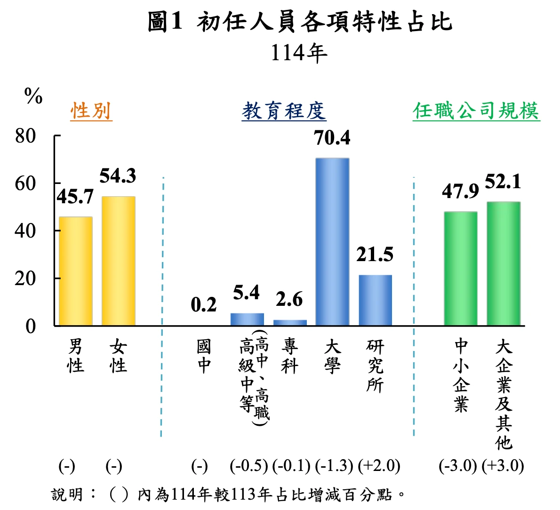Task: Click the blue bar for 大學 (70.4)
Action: [332, 242]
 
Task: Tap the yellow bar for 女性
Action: [118, 261]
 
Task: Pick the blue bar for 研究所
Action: [375, 300]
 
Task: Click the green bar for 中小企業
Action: [460, 269]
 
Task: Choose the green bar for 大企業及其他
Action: [503, 263]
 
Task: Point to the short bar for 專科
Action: [289, 322]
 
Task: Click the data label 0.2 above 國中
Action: [204, 305]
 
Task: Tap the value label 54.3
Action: [118, 176]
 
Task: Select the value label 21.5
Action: [375, 255]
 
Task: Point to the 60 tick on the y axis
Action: [25, 183]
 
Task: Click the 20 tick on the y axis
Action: [25, 279]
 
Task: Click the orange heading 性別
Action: [91, 111]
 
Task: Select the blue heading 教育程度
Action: [284, 111]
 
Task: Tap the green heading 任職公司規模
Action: [476, 111]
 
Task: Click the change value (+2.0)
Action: [379, 466]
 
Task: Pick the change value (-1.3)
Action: [334, 466]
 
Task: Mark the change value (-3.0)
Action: [457, 466]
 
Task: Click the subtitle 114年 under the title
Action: [299, 53]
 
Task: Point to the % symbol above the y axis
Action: [33, 97]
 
